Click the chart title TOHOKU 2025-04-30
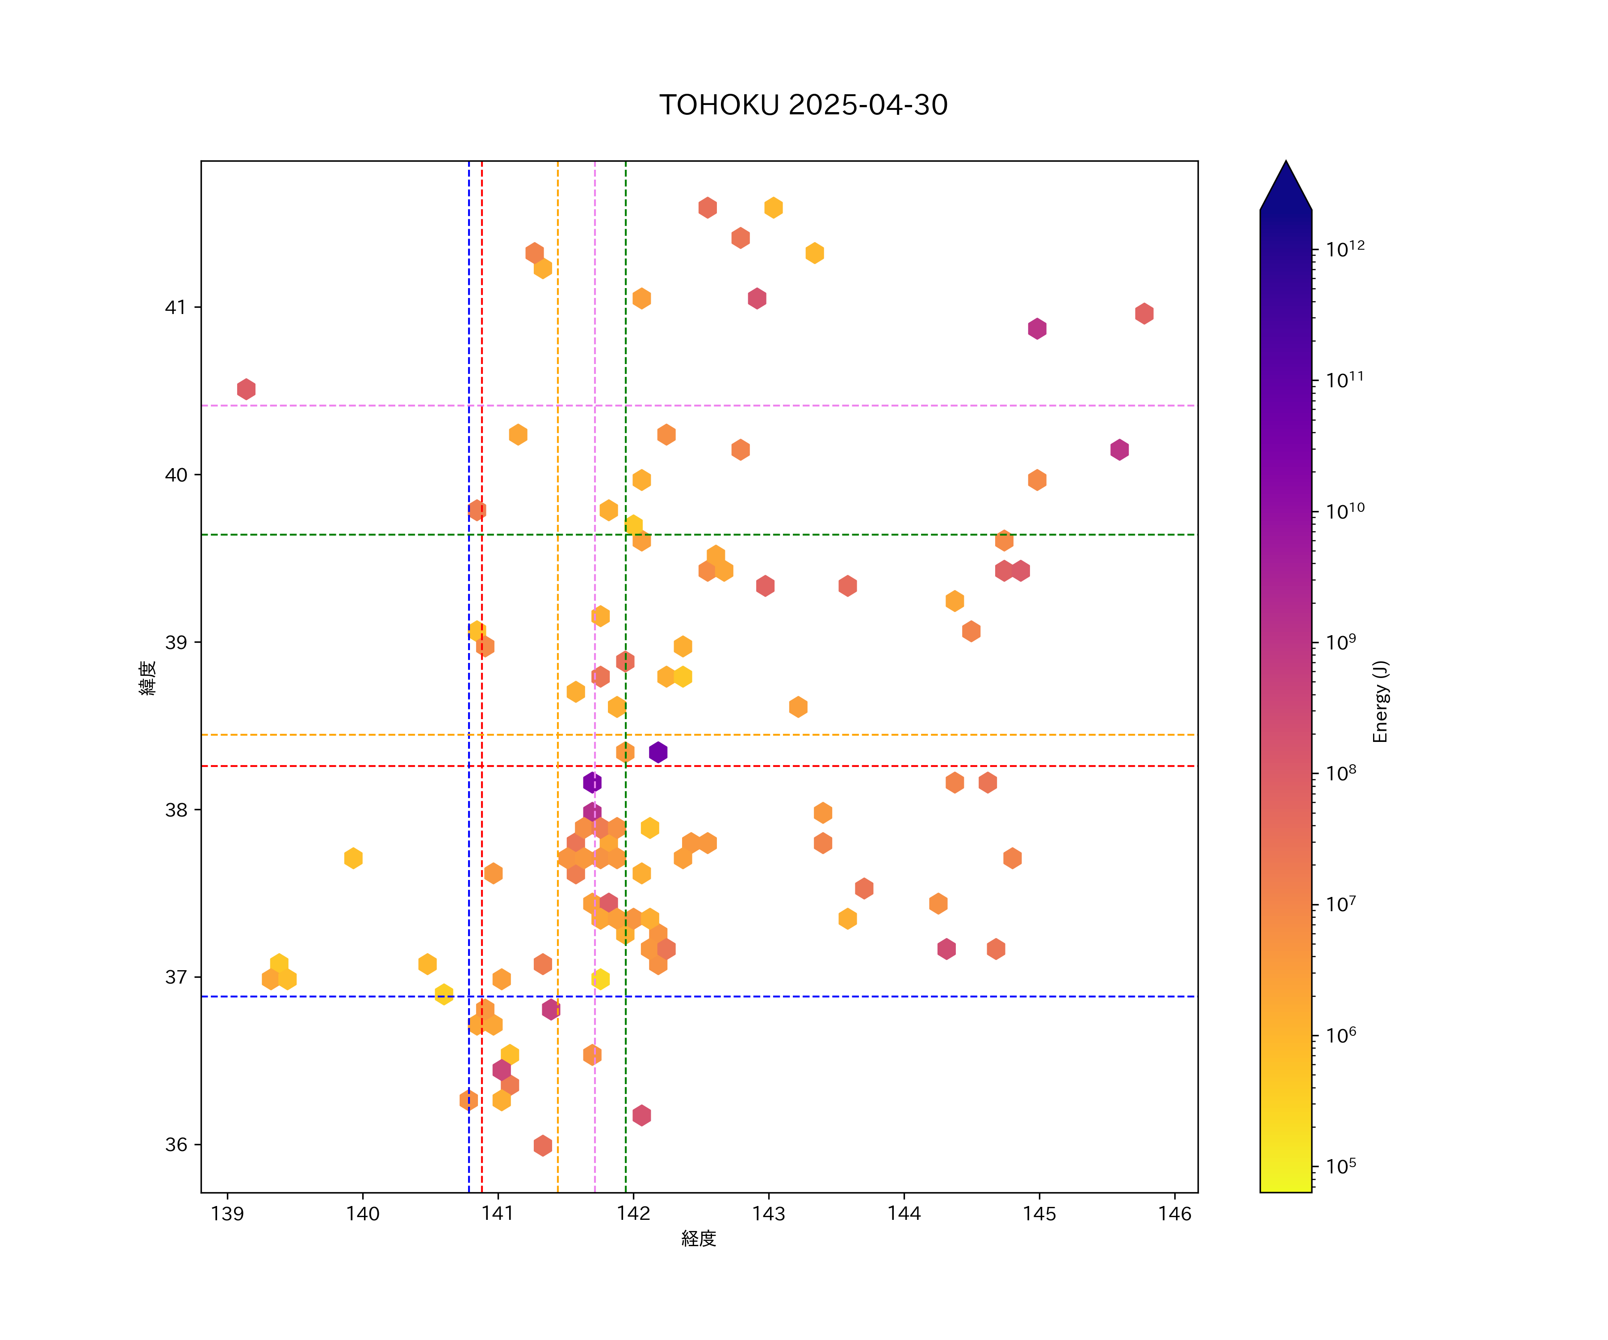803,105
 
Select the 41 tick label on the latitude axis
176,307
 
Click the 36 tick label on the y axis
176,1145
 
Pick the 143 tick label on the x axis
769,1214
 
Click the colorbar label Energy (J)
1380,701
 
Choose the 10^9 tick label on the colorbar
1341,642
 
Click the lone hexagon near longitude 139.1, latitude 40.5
246,389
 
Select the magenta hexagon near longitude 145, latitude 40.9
1037,328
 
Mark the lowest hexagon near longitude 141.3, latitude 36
543,1146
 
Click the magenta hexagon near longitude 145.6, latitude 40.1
1119,449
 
